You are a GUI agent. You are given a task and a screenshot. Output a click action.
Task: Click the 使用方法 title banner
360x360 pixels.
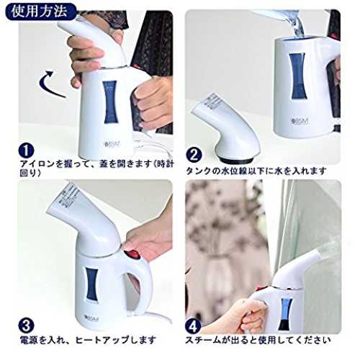(x=40, y=11)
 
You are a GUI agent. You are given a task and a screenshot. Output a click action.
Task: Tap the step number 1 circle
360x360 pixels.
(x=26, y=150)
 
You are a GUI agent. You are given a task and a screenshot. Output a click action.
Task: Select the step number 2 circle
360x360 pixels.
(x=194, y=155)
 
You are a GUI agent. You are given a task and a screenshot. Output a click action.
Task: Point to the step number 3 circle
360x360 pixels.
(x=26, y=325)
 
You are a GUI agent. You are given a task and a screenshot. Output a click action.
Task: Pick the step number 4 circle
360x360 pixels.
(x=194, y=326)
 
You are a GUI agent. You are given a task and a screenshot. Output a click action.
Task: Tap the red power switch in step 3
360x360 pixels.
(x=132, y=255)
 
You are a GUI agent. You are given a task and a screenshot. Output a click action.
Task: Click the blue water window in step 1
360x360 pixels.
(x=110, y=102)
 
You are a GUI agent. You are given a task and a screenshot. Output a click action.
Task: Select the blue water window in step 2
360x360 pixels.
(x=298, y=76)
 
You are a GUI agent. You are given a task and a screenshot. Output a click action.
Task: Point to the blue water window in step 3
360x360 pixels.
(x=92, y=284)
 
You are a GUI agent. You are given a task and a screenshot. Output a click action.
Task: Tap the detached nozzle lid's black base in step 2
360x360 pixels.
(x=237, y=160)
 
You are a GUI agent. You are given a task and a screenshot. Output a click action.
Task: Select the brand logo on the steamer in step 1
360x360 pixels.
(x=112, y=144)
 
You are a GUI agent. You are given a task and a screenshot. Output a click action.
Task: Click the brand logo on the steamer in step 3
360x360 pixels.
(x=92, y=319)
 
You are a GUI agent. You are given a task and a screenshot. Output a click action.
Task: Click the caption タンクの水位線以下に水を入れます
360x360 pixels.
(x=256, y=171)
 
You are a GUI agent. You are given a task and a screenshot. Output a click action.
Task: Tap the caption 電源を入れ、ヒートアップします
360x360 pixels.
(x=88, y=341)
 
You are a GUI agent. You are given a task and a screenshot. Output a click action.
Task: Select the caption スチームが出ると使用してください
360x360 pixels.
(x=258, y=341)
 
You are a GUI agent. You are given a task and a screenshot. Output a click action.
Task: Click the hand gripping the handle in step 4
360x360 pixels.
(x=250, y=315)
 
